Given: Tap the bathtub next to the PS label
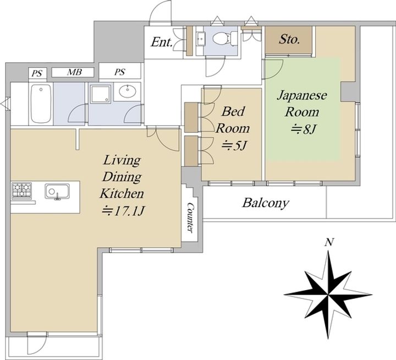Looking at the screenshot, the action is tap(41, 103).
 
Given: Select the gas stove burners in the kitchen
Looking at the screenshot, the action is tap(21, 190).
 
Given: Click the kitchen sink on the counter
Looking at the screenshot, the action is tap(57, 192).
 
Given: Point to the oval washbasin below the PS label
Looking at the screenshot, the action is tap(128, 91).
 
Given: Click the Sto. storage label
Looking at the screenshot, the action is tap(289, 39).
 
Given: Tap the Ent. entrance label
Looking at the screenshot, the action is tap(161, 42).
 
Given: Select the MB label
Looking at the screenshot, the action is tap(74, 72).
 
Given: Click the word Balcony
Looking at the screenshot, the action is tap(265, 203).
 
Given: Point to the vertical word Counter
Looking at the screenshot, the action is tap(191, 217).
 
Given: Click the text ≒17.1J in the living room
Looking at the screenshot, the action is tap(123, 211).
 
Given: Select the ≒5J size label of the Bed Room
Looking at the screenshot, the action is tap(234, 146).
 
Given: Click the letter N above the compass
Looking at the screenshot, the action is tap(329, 242).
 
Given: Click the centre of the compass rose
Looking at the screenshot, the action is tap(328, 295).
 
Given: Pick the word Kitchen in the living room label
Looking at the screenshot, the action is tap(122, 194).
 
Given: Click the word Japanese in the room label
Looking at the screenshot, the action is tap(302, 96).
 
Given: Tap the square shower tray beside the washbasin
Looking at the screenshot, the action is tap(101, 94).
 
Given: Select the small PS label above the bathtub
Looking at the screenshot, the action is tap(37, 74).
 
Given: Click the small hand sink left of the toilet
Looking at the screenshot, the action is tap(201, 39).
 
